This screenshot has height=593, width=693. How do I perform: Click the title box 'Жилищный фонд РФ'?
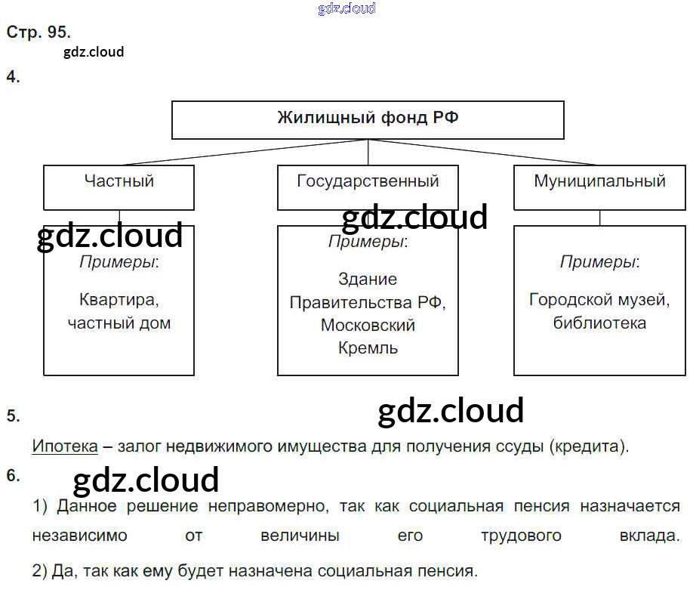click(368, 119)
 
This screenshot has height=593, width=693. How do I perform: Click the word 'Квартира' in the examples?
click(119, 299)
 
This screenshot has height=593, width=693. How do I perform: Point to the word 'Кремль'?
click(368, 348)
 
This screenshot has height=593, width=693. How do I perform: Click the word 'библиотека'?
click(599, 323)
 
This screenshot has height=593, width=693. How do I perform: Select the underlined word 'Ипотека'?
click(65, 446)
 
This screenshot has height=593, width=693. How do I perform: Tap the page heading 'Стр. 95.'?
click(38, 32)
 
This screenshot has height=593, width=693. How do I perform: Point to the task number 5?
click(13, 415)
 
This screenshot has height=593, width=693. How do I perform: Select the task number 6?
click(13, 475)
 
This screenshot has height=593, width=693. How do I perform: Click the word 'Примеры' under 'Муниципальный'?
click(597, 262)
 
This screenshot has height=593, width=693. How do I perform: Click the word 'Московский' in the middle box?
click(368, 325)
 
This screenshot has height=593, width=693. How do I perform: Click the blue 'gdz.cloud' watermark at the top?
click(346, 9)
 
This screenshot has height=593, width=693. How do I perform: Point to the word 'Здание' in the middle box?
click(368, 279)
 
